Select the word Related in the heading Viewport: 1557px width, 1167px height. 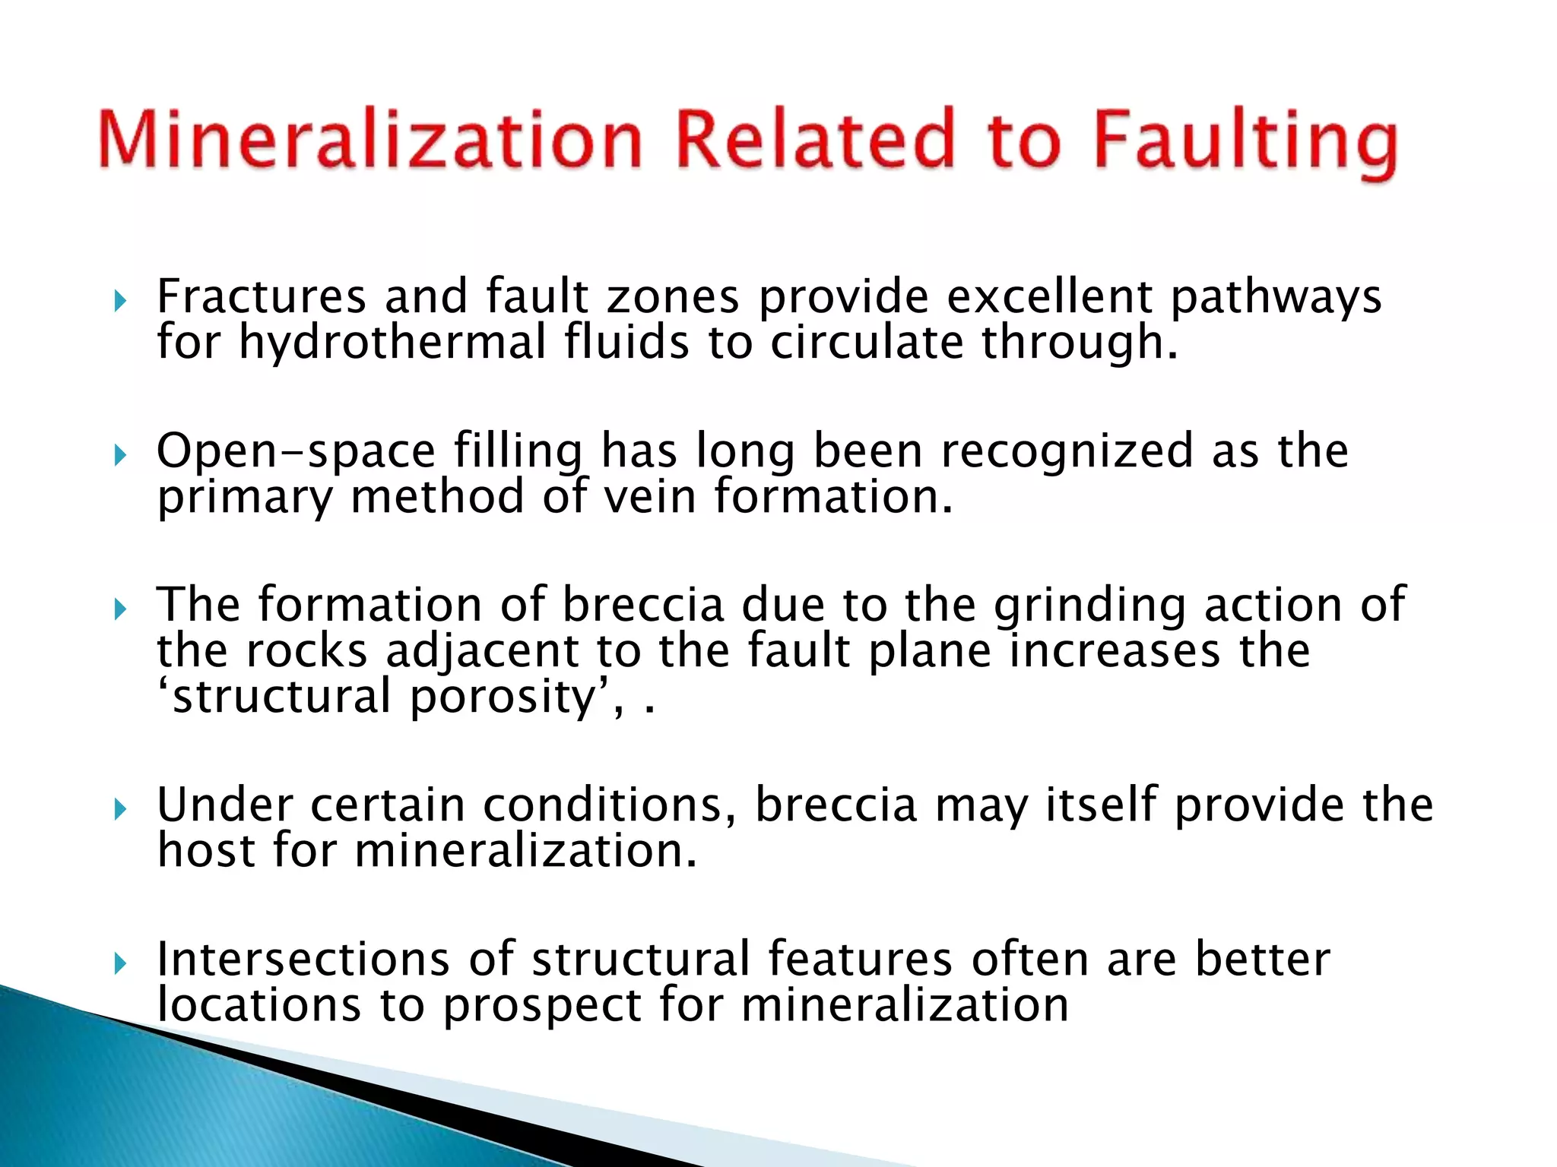(x=814, y=139)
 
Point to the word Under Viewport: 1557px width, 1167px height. (x=224, y=805)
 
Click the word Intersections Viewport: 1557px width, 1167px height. (x=303, y=959)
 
